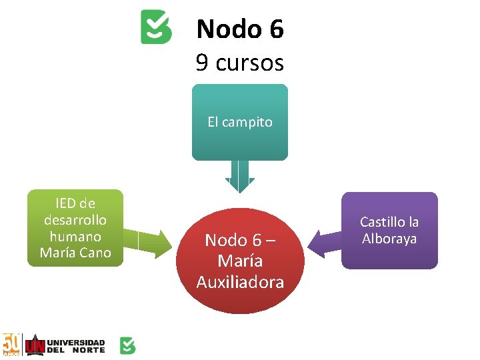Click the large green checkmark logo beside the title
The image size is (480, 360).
pyautogui.click(x=156, y=27)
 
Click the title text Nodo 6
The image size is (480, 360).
pyautogui.click(x=240, y=29)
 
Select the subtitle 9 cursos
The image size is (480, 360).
pyautogui.click(x=240, y=63)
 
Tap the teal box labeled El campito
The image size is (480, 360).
pyautogui.click(x=240, y=122)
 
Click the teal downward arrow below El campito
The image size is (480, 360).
pyautogui.click(x=240, y=177)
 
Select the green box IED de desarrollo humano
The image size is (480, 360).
pyautogui.click(x=75, y=228)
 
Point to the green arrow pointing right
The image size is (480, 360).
pyautogui.click(x=149, y=243)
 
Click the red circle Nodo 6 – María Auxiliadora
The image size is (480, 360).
pyautogui.click(x=240, y=261)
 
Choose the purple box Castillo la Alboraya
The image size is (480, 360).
pyautogui.click(x=389, y=231)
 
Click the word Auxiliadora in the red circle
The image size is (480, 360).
pyautogui.click(x=240, y=282)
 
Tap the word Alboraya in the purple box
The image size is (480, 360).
pyautogui.click(x=389, y=239)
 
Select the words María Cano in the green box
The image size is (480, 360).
pyautogui.click(x=75, y=252)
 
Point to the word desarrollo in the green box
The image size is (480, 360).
pyautogui.click(x=75, y=219)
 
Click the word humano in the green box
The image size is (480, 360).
pyautogui.click(x=75, y=236)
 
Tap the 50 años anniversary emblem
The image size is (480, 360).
pyautogui.click(x=12, y=344)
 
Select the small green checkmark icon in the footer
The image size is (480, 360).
pyautogui.click(x=127, y=345)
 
